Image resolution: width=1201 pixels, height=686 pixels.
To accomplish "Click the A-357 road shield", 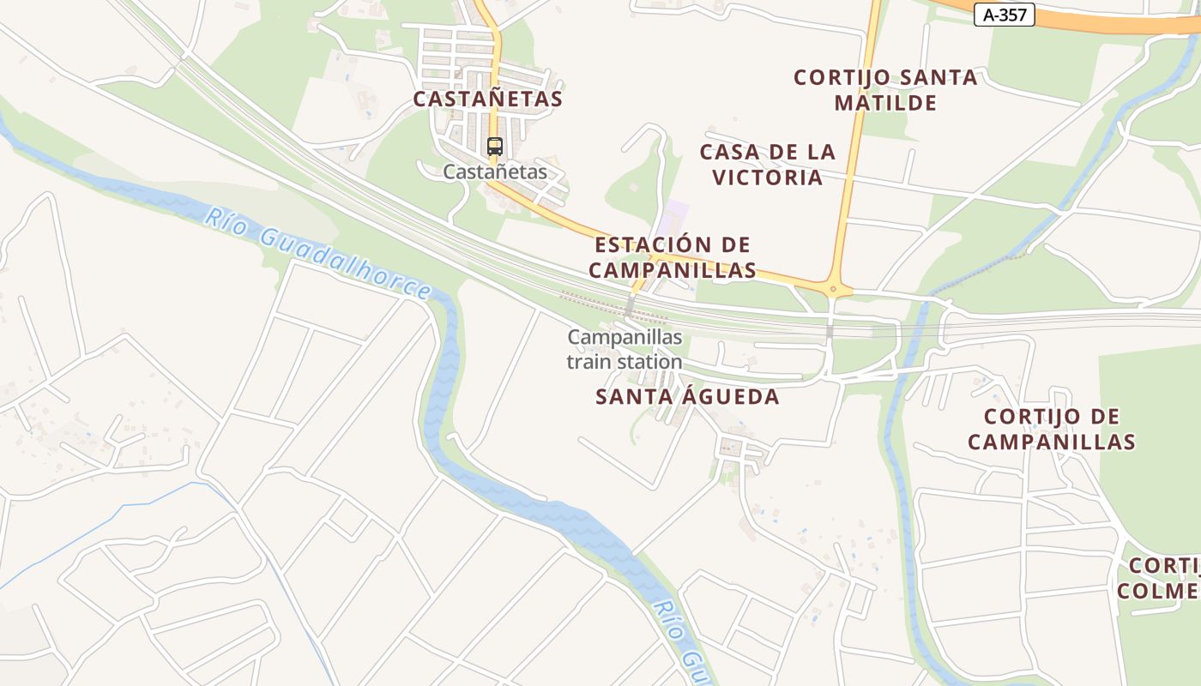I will coord(1004,15).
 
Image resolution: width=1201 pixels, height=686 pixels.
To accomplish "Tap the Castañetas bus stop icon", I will coord(494,146).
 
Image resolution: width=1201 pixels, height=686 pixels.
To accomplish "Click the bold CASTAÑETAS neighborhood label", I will coord(487,99).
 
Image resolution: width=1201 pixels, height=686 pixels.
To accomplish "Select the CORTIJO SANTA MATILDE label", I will coord(885,90).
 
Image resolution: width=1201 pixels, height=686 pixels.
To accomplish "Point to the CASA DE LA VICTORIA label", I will coord(767,165).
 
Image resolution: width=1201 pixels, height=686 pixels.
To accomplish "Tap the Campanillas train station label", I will coord(625,349).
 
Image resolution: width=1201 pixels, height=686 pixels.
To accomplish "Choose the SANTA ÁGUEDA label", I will coord(687,396).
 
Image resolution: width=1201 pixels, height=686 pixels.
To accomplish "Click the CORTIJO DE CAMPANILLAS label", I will coord(1051,429).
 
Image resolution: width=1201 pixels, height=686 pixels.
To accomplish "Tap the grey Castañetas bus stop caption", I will coord(494,171).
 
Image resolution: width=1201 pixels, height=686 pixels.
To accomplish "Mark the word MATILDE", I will coord(885,103).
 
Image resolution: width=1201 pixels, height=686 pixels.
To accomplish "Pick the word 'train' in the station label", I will coord(588,362).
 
